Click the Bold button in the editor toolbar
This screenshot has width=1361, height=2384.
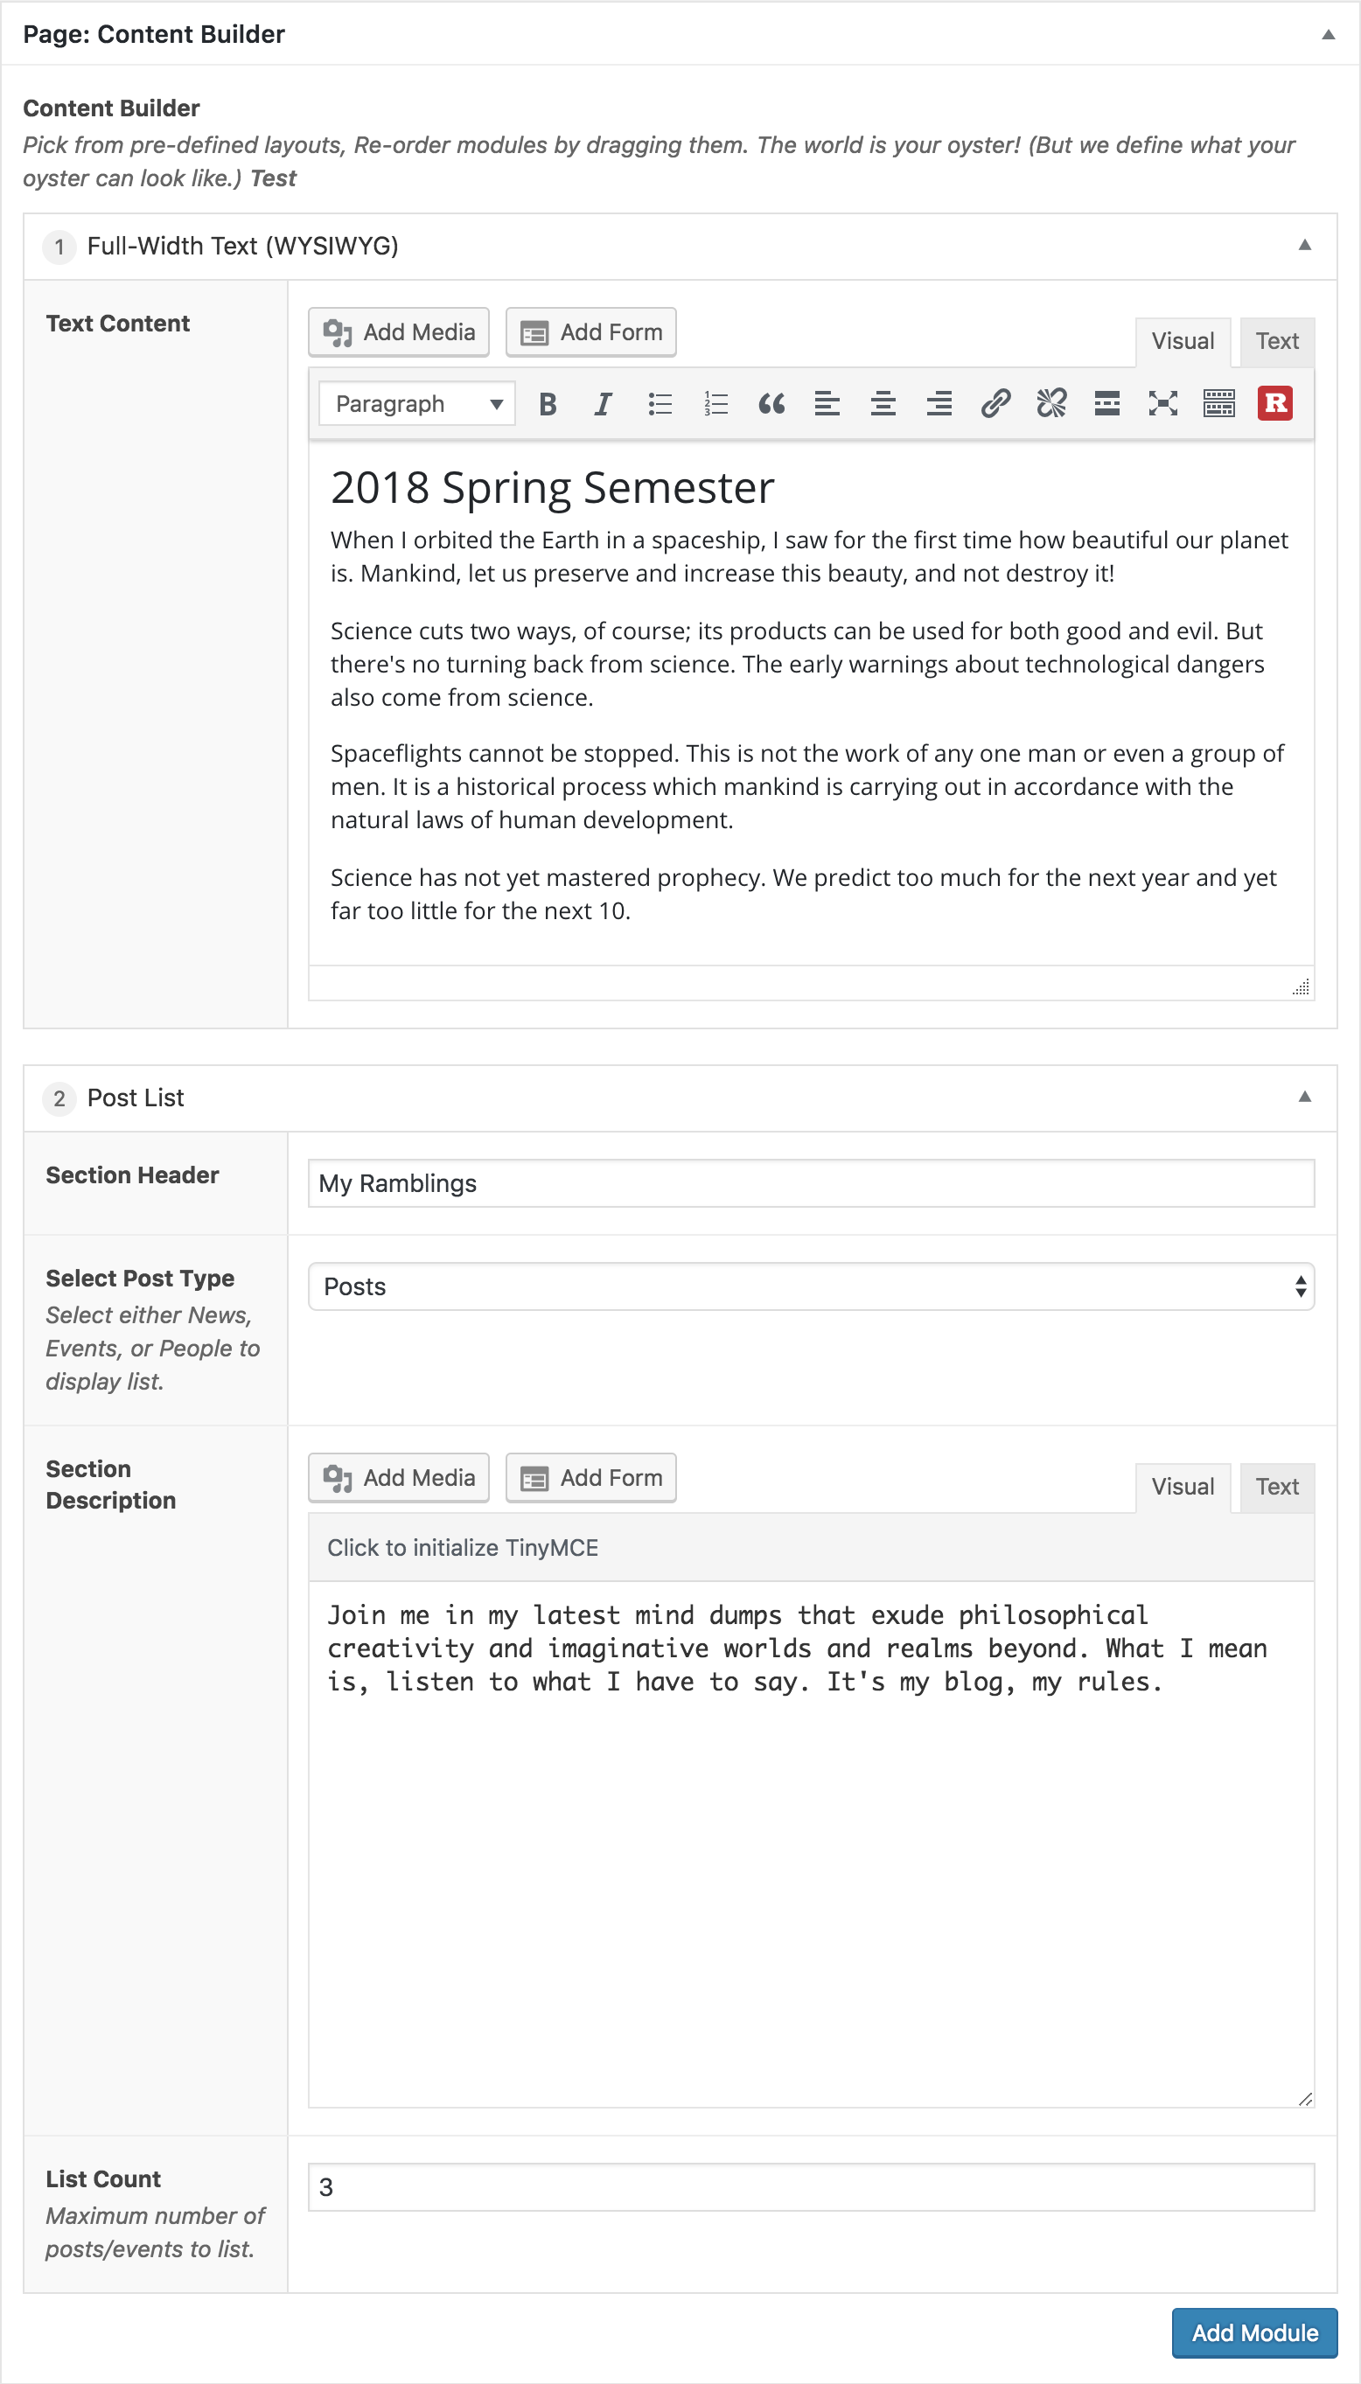[x=548, y=404]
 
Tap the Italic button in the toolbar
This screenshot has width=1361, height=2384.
[x=603, y=404]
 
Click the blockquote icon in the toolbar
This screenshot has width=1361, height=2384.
[x=771, y=404]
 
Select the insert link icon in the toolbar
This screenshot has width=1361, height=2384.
[x=995, y=404]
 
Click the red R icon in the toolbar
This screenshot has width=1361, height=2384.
[x=1274, y=404]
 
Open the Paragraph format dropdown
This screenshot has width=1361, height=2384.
[x=417, y=404]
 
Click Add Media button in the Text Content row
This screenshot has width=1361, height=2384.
[x=399, y=331]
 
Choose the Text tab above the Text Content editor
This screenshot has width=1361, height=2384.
[x=1276, y=341]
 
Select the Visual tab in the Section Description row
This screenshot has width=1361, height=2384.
[x=1182, y=1486]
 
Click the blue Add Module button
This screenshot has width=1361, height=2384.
[x=1253, y=2332]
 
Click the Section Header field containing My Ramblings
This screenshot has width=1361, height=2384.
[x=811, y=1183]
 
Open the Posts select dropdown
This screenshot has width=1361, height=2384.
[x=811, y=1286]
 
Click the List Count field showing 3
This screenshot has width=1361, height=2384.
[x=811, y=2187]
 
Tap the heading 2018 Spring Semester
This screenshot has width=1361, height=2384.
[x=553, y=488]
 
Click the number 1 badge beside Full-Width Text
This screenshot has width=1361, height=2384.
[x=59, y=247]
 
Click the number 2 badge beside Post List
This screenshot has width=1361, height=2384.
[x=59, y=1098]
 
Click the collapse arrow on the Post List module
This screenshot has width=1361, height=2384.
[x=1304, y=1098]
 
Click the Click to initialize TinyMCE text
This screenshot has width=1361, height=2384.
[x=463, y=1548]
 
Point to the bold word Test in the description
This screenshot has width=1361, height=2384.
[x=273, y=178]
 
